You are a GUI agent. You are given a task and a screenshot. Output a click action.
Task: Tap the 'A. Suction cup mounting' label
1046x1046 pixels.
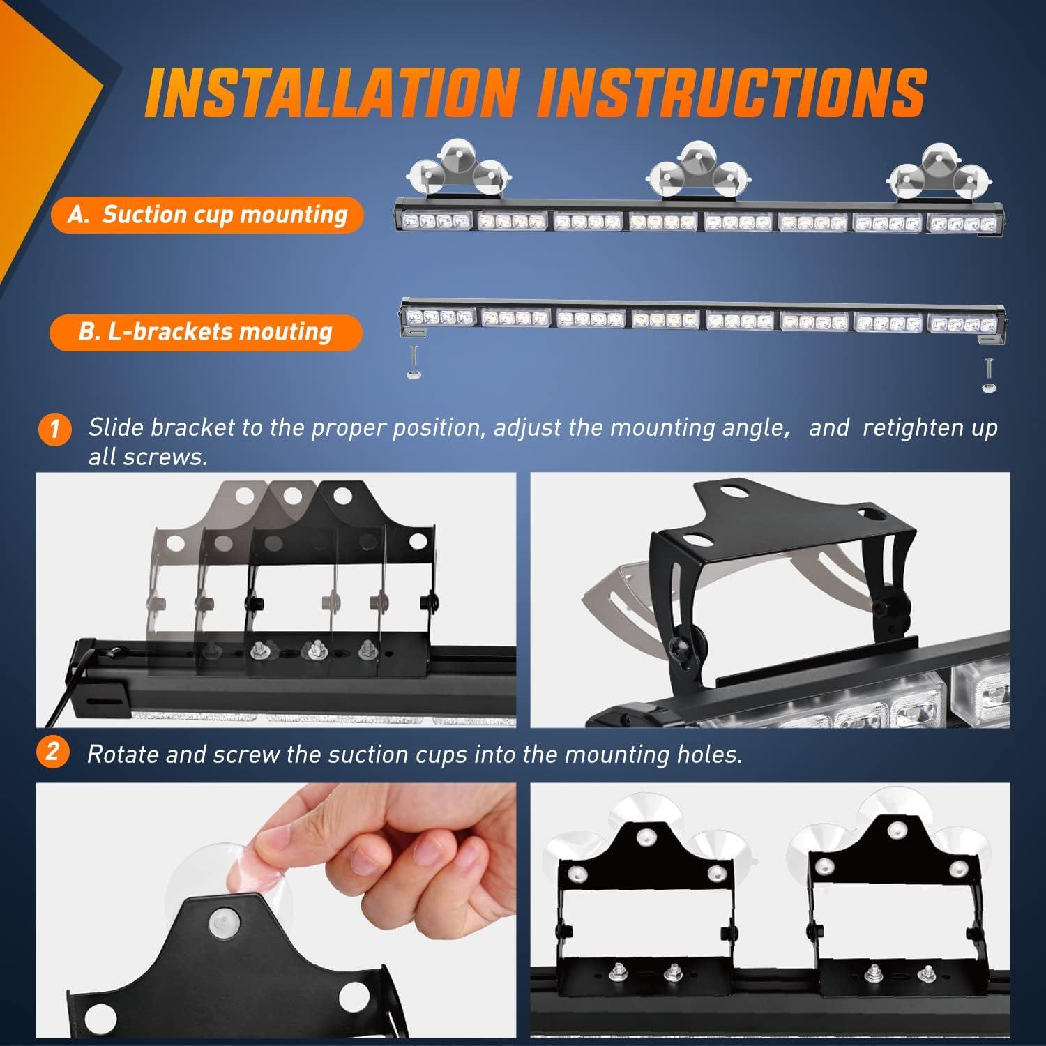[x=207, y=215]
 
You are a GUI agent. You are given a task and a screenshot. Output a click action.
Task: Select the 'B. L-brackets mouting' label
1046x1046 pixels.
[x=206, y=332]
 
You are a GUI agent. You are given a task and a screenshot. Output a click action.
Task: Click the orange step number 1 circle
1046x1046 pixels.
[x=54, y=428]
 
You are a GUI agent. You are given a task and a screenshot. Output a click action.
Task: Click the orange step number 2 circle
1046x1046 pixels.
[x=52, y=752]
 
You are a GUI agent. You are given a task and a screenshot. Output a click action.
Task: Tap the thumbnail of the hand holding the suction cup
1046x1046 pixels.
[x=276, y=910]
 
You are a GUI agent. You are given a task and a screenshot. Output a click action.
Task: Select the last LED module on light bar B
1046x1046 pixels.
[x=964, y=323]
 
